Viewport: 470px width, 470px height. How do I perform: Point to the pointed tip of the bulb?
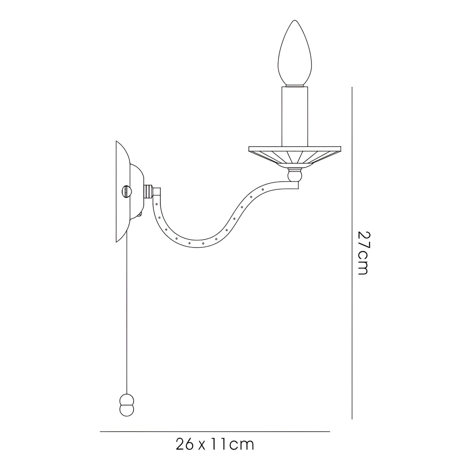[x=295, y=21]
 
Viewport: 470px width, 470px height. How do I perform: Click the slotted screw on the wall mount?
[x=127, y=191]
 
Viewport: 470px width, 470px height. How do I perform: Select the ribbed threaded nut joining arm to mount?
[x=148, y=191]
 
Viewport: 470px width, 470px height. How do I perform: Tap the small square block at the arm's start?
[x=157, y=192]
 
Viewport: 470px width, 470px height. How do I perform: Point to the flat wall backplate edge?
[x=117, y=192]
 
